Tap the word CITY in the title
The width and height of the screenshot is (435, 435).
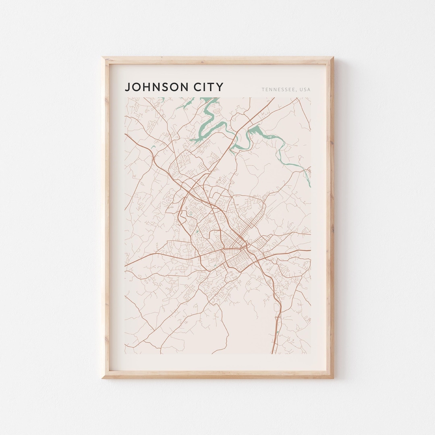207,87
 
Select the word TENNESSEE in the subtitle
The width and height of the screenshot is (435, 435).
278,89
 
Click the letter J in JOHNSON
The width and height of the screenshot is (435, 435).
128,87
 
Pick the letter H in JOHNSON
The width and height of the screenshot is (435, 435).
147,87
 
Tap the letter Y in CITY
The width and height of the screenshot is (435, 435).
220,87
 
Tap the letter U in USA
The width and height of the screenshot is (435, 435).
301,89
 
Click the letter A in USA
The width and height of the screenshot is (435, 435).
309,89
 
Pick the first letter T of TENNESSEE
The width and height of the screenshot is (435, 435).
263,89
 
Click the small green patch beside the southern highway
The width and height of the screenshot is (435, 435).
278,332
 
